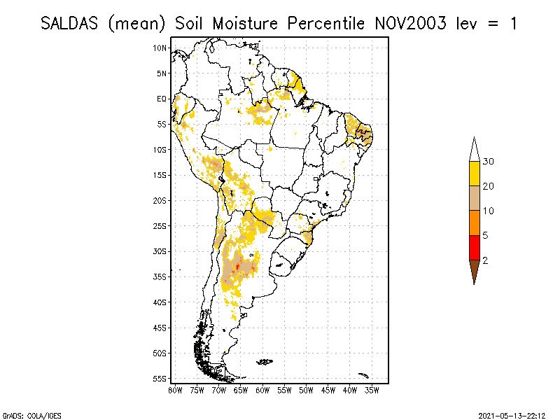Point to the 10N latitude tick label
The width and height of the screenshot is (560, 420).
click(160, 48)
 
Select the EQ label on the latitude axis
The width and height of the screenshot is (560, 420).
click(162, 99)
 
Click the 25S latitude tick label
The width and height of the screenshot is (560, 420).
click(160, 226)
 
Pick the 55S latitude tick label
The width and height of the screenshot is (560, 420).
click(160, 379)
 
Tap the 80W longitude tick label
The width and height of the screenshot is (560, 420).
click(175, 389)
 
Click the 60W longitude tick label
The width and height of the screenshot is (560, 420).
click(262, 389)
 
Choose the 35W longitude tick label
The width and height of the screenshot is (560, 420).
click(372, 389)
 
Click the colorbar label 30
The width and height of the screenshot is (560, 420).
click(489, 162)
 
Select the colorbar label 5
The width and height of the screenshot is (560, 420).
click(485, 235)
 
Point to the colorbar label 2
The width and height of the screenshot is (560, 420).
click(485, 260)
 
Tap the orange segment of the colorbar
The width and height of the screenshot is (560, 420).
click(474, 223)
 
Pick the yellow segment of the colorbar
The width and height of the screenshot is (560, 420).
click(474, 174)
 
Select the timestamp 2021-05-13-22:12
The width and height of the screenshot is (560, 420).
click(512, 414)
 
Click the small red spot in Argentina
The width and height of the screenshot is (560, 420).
click(238, 266)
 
